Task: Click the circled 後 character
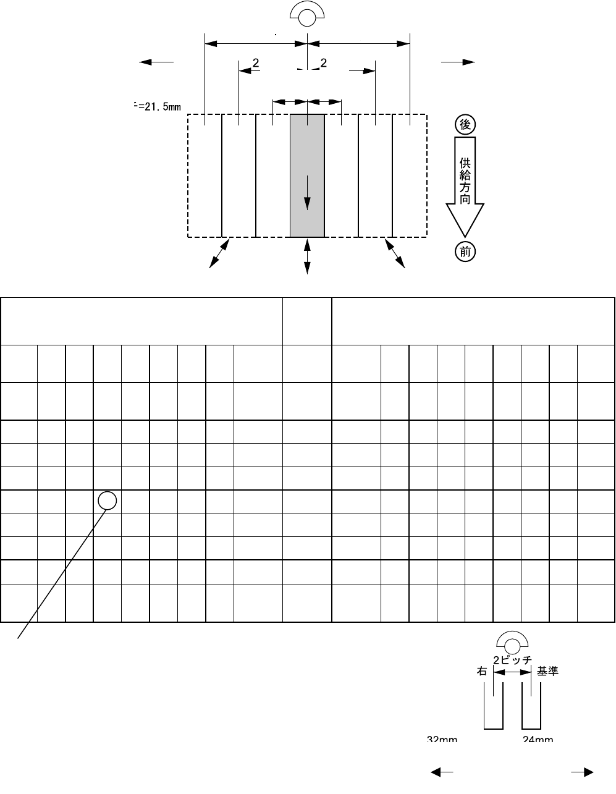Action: [465, 124]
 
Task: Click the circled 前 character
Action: [465, 251]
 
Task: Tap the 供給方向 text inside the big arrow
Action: [465, 181]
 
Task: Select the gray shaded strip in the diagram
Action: [307, 175]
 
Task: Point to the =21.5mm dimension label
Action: [158, 107]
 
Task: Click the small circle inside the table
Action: [108, 500]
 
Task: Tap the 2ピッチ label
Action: [512, 660]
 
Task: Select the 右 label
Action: [482, 672]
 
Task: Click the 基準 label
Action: [548, 672]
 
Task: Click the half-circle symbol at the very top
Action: [307, 15]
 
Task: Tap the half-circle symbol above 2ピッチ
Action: [512, 643]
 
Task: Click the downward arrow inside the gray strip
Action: [307, 193]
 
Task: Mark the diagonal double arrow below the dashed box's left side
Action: [219, 253]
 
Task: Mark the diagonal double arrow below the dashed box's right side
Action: [395, 253]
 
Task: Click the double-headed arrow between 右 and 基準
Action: [512, 676]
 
